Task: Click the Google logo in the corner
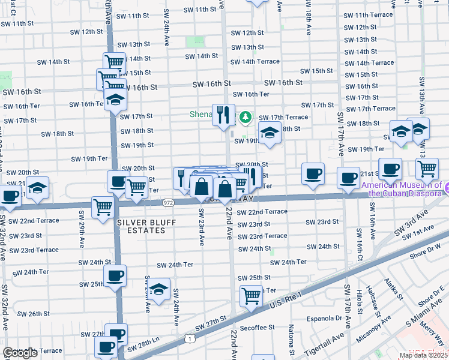pyautogui.click(x=20, y=353)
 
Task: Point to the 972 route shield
pyautogui.click(x=168, y=203)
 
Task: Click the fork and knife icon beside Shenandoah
pyautogui.click(x=223, y=115)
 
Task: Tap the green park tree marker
pyautogui.click(x=245, y=116)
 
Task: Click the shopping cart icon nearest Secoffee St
pyautogui.click(x=251, y=295)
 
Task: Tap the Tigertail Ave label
pyautogui.click(x=327, y=343)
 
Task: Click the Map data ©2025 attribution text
pyautogui.click(x=423, y=355)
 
